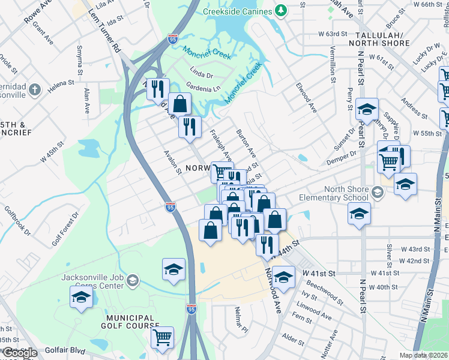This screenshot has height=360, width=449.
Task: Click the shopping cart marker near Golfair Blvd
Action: (162, 337)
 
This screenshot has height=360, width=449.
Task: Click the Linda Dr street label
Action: (202, 75)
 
